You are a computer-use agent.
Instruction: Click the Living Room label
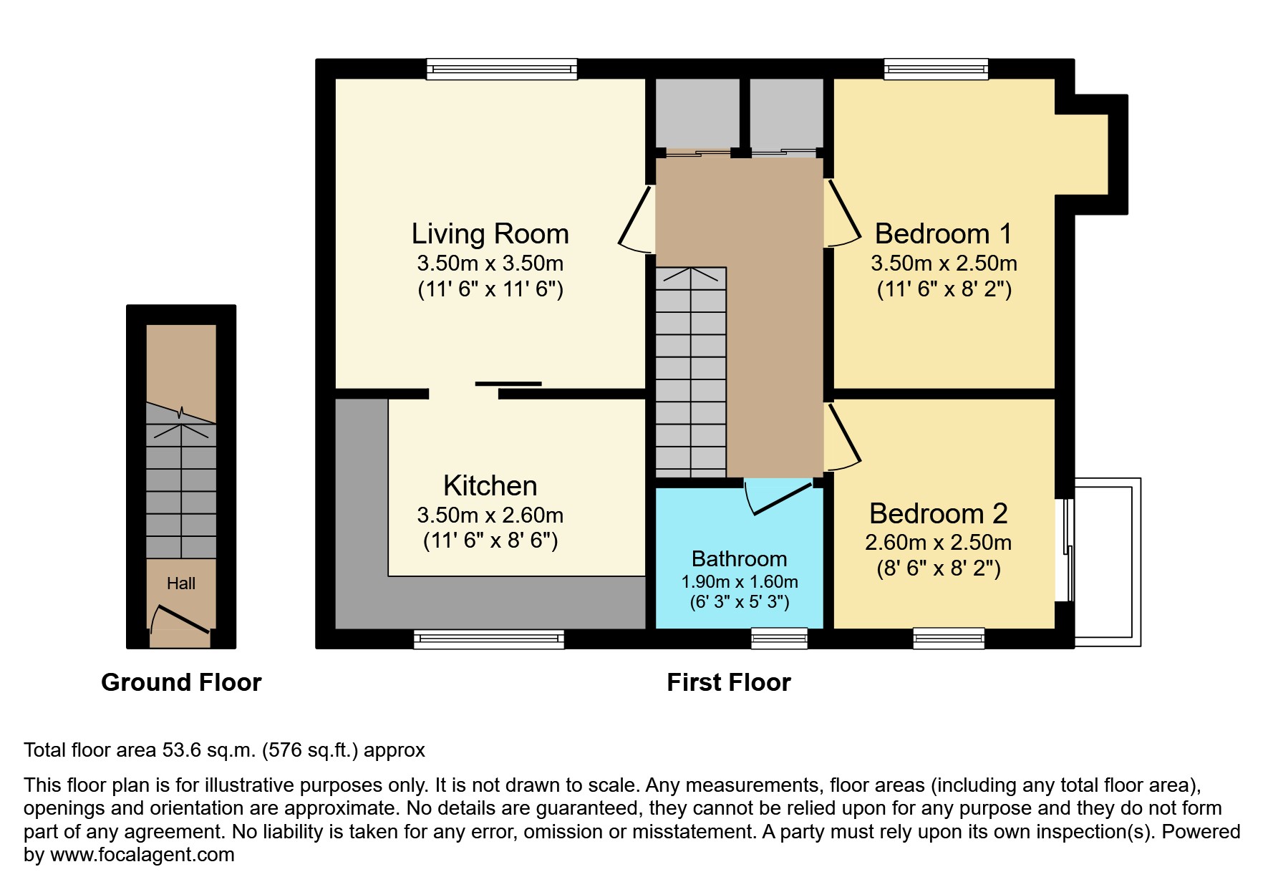(x=490, y=234)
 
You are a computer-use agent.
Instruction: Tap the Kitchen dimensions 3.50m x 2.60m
(x=490, y=515)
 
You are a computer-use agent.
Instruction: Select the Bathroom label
(x=739, y=558)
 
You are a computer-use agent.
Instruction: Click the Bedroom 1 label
(x=943, y=234)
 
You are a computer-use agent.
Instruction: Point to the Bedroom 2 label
(x=938, y=513)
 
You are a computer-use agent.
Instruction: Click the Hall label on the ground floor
(x=180, y=583)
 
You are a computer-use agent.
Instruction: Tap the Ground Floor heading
(x=181, y=682)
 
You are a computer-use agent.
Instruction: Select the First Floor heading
(x=728, y=682)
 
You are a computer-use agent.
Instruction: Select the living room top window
(x=501, y=69)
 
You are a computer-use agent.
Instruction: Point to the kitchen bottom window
(x=489, y=639)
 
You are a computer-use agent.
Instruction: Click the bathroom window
(x=779, y=639)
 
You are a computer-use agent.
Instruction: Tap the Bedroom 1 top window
(x=936, y=69)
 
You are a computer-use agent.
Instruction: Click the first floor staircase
(x=691, y=372)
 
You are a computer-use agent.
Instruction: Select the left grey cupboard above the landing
(x=697, y=113)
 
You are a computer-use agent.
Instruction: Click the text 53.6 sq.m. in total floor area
(x=209, y=750)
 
